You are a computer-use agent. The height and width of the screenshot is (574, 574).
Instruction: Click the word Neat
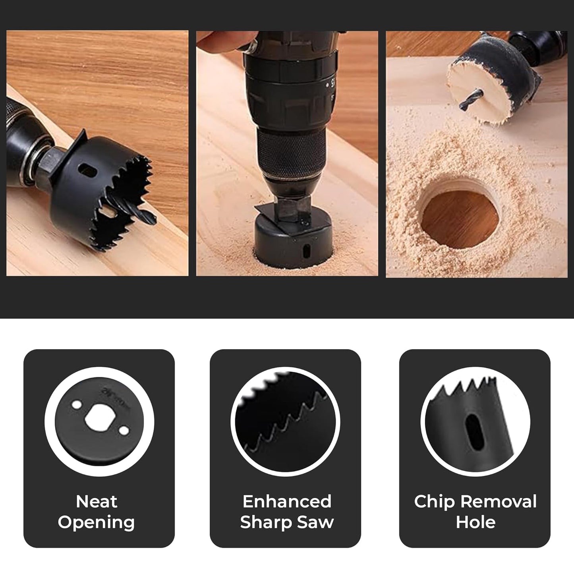(x=97, y=502)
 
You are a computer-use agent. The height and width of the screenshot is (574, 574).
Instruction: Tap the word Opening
(x=96, y=524)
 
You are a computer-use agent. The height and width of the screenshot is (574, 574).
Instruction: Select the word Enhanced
(x=287, y=501)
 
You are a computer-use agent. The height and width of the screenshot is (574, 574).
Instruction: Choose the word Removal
(x=499, y=501)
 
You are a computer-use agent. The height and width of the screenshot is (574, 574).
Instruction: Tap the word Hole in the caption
(x=475, y=522)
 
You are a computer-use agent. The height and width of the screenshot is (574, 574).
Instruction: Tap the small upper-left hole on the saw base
(x=77, y=405)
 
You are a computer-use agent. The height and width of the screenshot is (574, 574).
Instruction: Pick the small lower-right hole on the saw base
(x=124, y=431)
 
